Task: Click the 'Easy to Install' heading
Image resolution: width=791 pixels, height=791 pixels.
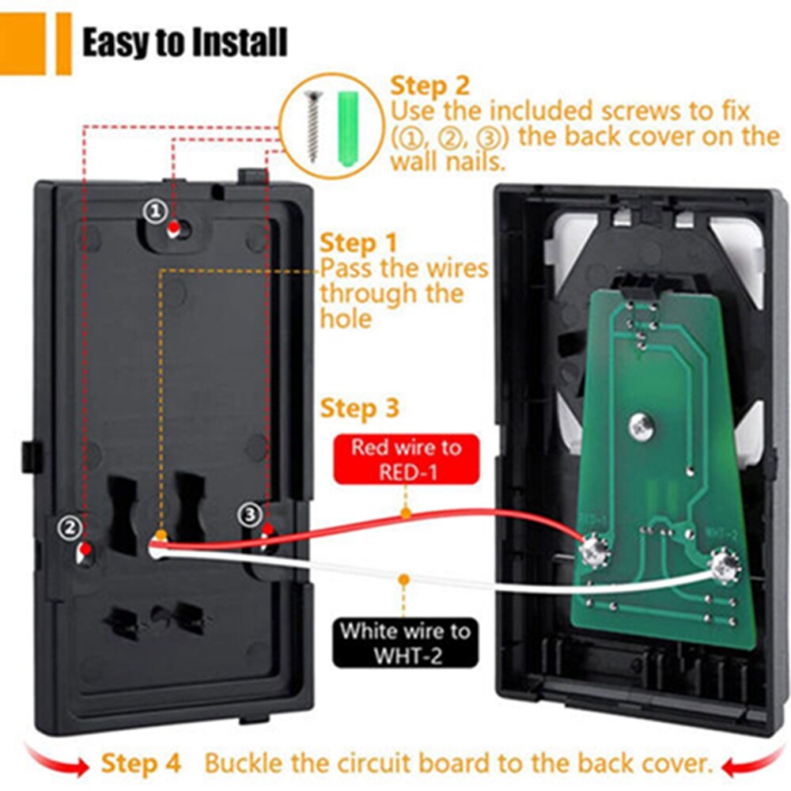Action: pos(184,43)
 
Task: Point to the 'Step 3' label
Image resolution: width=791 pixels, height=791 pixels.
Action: pos(359,409)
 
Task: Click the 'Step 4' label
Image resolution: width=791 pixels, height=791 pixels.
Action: pos(141,764)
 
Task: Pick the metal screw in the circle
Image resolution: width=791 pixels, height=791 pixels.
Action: pos(312,125)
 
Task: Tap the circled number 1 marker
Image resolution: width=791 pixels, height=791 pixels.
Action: pos(154,210)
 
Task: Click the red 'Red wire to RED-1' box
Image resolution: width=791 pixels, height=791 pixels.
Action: pos(406,459)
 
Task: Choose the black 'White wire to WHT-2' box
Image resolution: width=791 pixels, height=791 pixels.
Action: pos(406,642)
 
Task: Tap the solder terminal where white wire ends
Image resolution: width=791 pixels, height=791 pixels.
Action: pos(724,566)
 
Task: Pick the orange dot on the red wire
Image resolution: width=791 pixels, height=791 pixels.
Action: pos(406,514)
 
